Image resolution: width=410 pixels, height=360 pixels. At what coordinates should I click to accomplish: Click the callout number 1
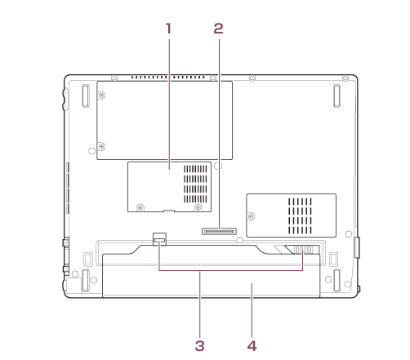click(169, 29)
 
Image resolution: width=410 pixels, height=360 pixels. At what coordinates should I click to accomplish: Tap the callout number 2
click(218, 29)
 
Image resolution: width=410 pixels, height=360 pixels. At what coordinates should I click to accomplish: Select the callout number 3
click(199, 346)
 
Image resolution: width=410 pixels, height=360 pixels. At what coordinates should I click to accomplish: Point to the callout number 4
click(252, 346)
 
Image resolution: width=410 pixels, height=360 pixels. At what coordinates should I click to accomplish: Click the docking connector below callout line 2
click(219, 232)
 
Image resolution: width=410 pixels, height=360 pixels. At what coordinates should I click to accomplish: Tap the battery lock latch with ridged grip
click(303, 249)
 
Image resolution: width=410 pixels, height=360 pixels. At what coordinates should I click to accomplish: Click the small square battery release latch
click(159, 239)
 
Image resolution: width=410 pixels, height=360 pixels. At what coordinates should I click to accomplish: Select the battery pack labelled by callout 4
click(211, 275)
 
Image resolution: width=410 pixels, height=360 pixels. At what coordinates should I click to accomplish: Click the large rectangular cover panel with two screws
click(165, 120)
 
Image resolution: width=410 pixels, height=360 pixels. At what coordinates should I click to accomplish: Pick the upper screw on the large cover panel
click(101, 96)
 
